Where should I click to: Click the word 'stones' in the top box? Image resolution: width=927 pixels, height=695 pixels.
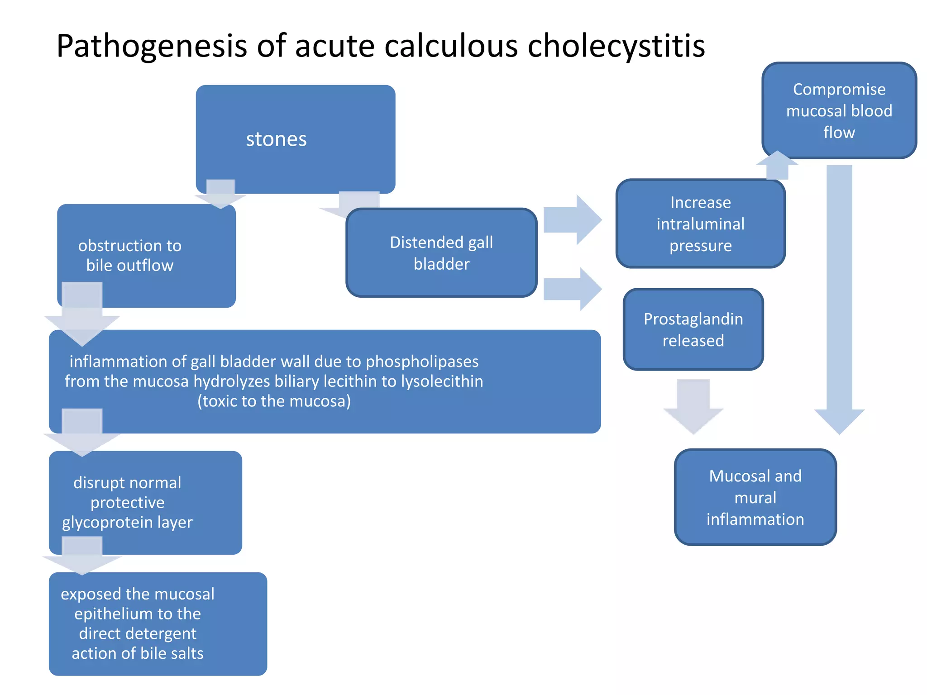click(276, 139)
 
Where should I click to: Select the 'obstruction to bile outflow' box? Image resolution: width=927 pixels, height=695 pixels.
click(146, 256)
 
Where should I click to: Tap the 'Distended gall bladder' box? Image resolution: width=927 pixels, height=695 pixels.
click(441, 253)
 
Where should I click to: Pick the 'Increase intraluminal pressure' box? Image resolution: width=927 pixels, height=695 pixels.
click(700, 224)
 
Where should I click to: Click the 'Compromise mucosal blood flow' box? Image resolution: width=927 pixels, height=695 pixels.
click(839, 111)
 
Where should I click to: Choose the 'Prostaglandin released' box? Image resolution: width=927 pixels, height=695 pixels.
click(693, 330)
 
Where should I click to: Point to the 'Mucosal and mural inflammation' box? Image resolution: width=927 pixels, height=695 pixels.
click(755, 497)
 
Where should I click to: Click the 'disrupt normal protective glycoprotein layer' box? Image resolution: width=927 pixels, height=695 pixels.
click(145, 502)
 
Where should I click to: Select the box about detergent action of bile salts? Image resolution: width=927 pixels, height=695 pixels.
click(158, 624)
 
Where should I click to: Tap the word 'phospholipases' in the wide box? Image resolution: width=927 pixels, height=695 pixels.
click(422, 362)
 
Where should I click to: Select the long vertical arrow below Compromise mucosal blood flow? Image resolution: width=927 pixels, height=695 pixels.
click(839, 294)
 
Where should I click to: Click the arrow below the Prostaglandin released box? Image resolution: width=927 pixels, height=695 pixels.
click(693, 405)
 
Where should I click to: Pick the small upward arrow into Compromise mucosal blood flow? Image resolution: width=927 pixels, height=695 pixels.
click(777, 165)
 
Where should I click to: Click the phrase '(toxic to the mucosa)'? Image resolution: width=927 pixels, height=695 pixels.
click(274, 401)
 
